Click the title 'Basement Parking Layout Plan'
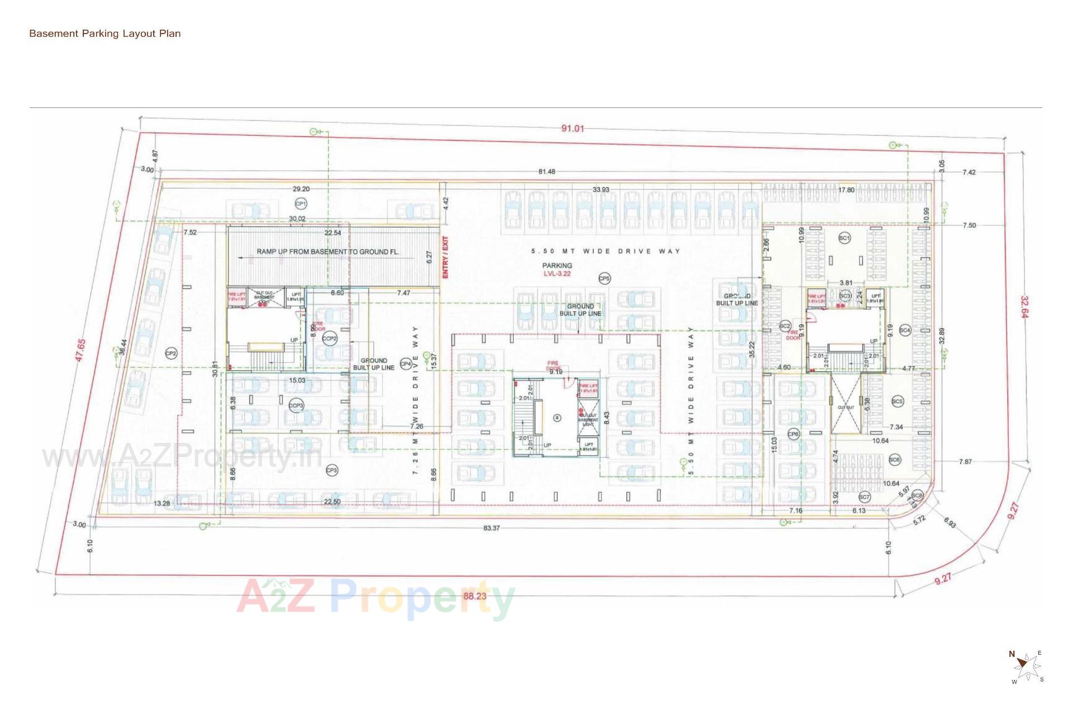105,34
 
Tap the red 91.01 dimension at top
572,128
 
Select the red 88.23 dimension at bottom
474,596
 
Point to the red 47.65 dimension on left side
81,350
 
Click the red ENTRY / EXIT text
445,258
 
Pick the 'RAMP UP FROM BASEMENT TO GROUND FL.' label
328,252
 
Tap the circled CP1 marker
301,204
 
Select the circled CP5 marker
604,278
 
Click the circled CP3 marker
332,470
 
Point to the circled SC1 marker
844,238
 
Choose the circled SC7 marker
864,497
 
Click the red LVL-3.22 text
557,274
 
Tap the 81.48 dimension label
547,171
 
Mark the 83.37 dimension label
491,528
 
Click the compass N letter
1012,654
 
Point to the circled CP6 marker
793,434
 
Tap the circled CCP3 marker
296,406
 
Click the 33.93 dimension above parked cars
601,190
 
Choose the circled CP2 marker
171,354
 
